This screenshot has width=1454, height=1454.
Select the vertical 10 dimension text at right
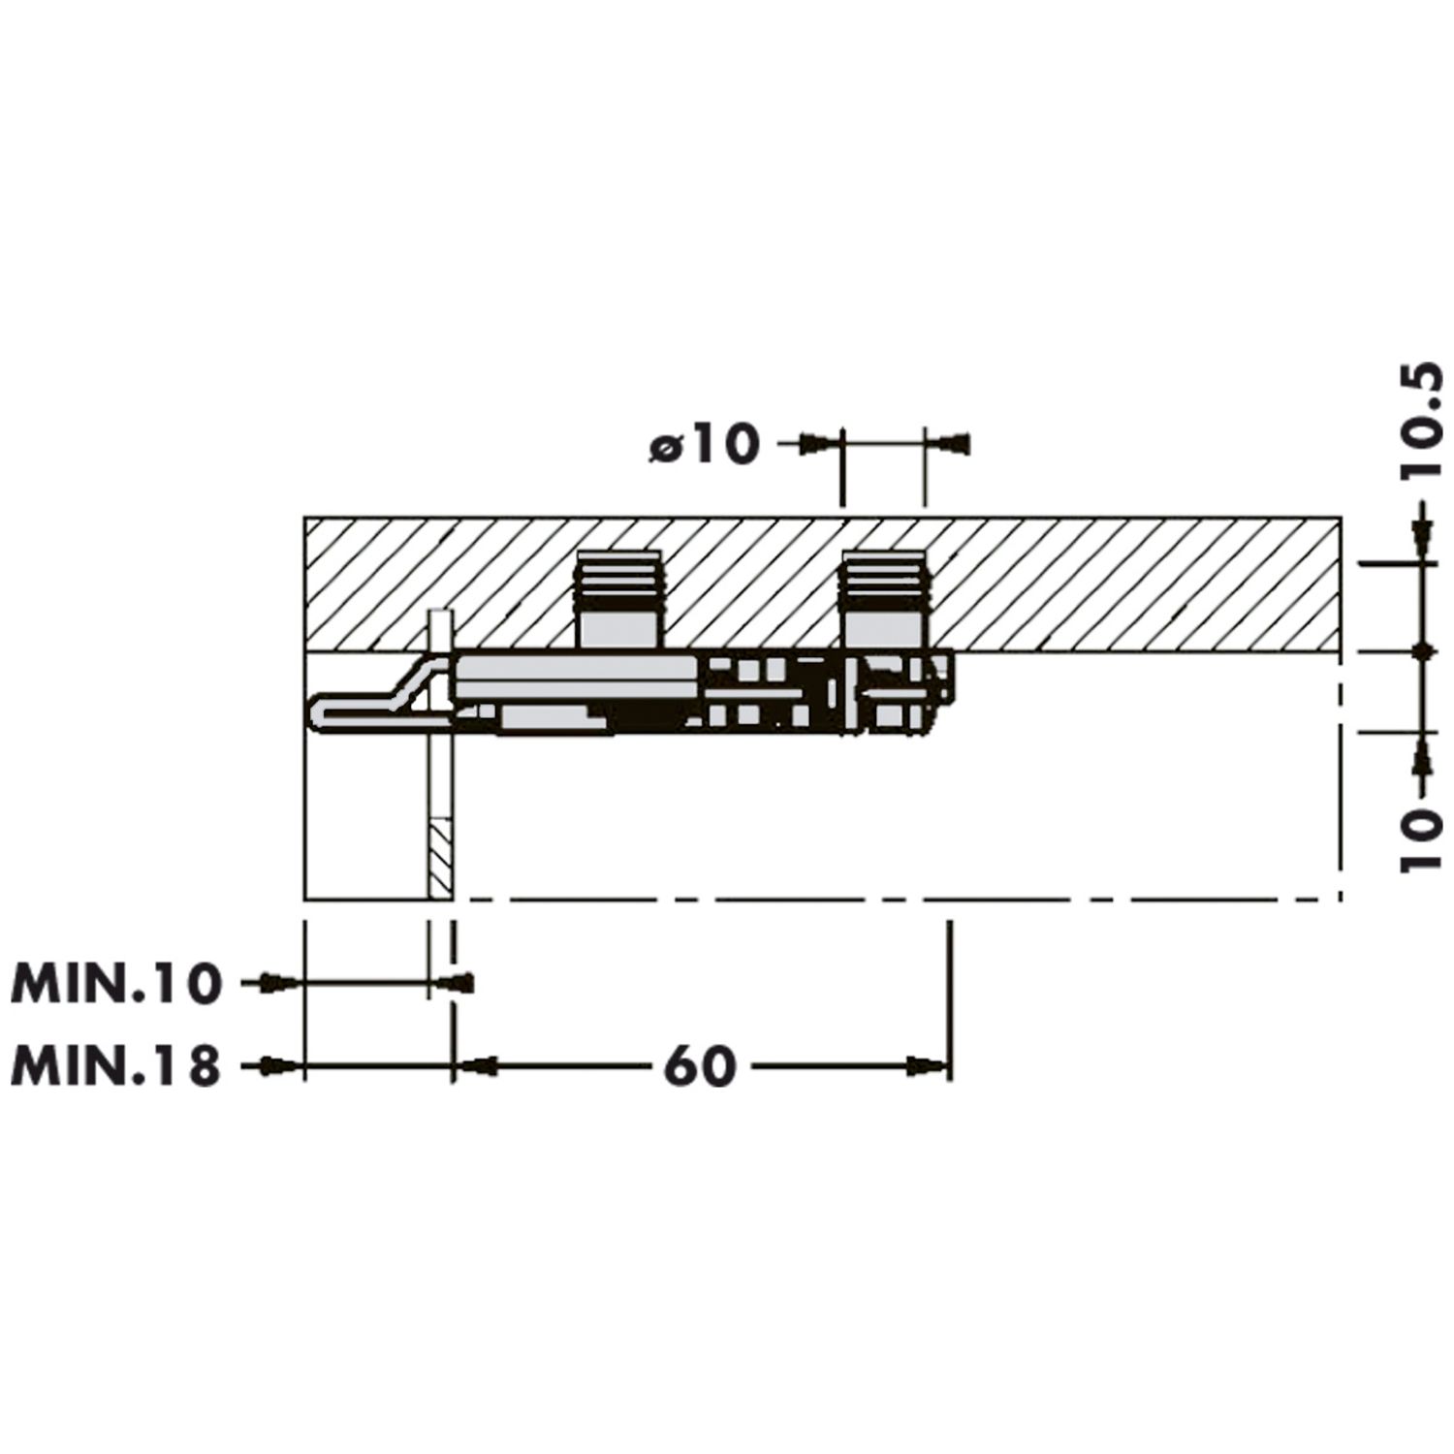[x=1422, y=838]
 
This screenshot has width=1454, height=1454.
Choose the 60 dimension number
[x=701, y=1067]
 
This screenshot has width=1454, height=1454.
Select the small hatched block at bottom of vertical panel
[x=440, y=859]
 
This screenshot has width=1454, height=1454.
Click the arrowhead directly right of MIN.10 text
[x=278, y=984]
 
